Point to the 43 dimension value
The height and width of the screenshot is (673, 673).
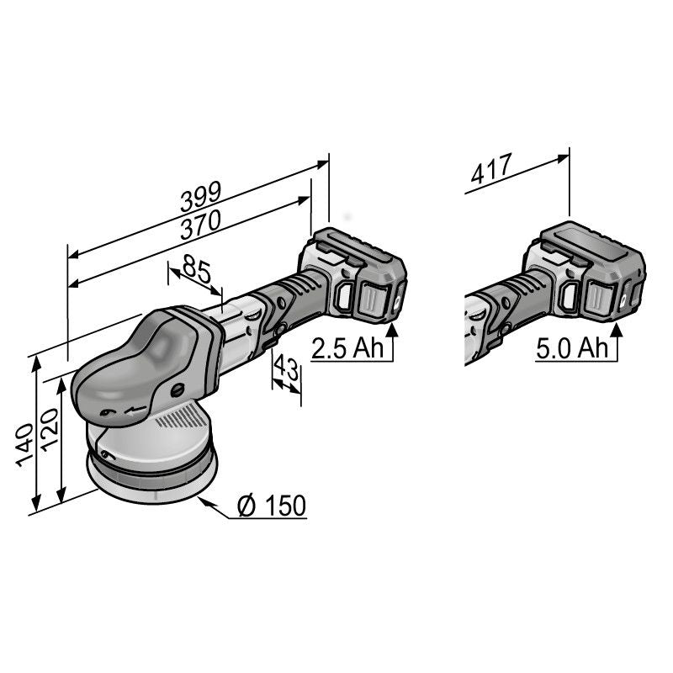click(x=287, y=369)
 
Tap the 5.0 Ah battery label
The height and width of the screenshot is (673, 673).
click(x=572, y=349)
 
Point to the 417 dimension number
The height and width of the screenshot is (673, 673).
click(x=491, y=171)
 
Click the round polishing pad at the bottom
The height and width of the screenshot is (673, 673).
click(x=151, y=480)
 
